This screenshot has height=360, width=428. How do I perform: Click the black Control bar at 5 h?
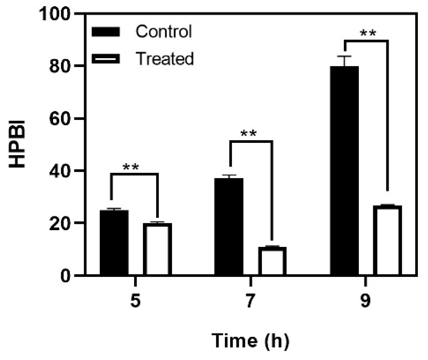[114, 242]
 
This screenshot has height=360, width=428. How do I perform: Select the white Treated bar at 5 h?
[157, 249]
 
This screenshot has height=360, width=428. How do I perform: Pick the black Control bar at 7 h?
[229, 226]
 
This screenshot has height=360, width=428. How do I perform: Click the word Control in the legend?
[164, 32]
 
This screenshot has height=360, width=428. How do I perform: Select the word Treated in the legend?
[165, 59]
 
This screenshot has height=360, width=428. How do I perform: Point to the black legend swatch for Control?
[106, 32]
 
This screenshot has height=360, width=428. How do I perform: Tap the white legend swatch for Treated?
[106, 59]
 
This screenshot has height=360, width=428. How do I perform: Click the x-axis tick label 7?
[250, 301]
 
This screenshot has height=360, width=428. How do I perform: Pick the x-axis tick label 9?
[365, 301]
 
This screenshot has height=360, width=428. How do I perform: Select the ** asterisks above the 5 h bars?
[131, 167]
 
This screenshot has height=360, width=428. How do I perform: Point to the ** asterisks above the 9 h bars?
[368, 33]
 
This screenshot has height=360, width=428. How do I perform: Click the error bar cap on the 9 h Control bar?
[344, 56]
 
